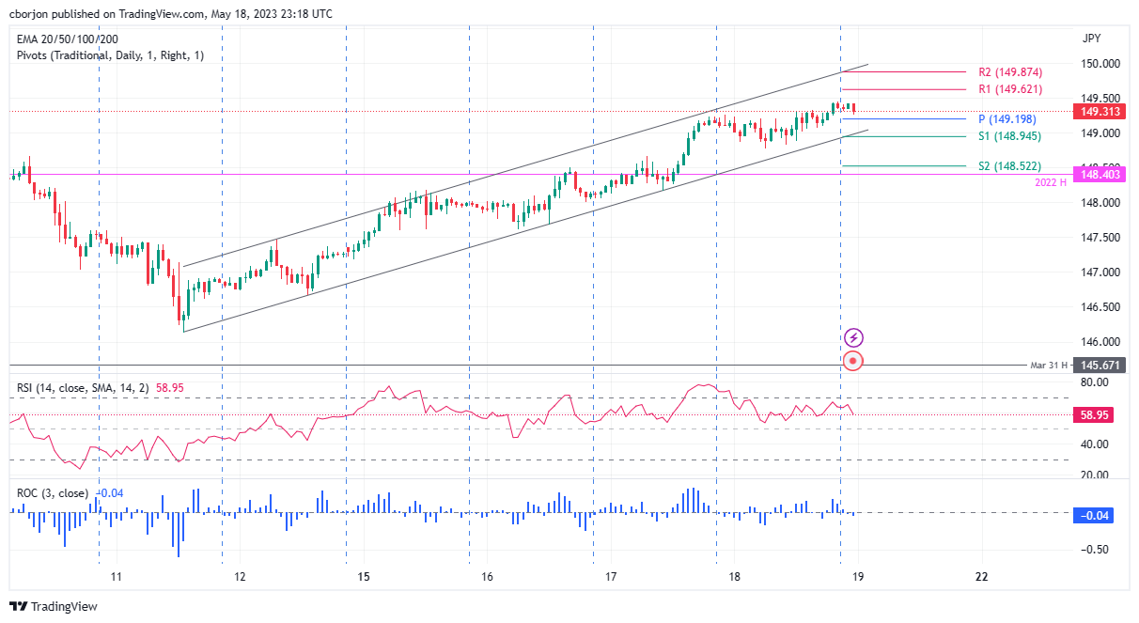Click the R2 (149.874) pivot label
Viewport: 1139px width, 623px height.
(x=1009, y=71)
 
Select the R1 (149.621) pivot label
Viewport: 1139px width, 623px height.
(x=1009, y=89)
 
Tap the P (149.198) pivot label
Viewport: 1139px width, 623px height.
(x=1008, y=119)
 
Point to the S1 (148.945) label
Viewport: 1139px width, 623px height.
(x=1009, y=136)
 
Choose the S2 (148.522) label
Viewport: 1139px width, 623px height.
(x=1009, y=166)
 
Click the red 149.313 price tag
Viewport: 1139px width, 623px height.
(x=1101, y=112)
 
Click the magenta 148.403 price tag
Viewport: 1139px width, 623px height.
(x=1101, y=174)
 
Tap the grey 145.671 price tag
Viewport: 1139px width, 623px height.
(x=1101, y=365)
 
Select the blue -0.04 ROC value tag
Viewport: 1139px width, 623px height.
(x=1101, y=514)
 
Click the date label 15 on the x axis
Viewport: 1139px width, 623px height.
(x=365, y=577)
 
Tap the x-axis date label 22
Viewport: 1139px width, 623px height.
(x=981, y=577)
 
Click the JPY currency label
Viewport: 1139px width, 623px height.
(x=1092, y=39)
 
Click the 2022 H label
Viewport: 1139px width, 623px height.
(x=1050, y=182)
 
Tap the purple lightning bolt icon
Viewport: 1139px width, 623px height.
(x=853, y=336)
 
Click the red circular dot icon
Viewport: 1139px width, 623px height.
(x=853, y=361)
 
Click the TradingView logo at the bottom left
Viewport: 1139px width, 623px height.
(x=54, y=607)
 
